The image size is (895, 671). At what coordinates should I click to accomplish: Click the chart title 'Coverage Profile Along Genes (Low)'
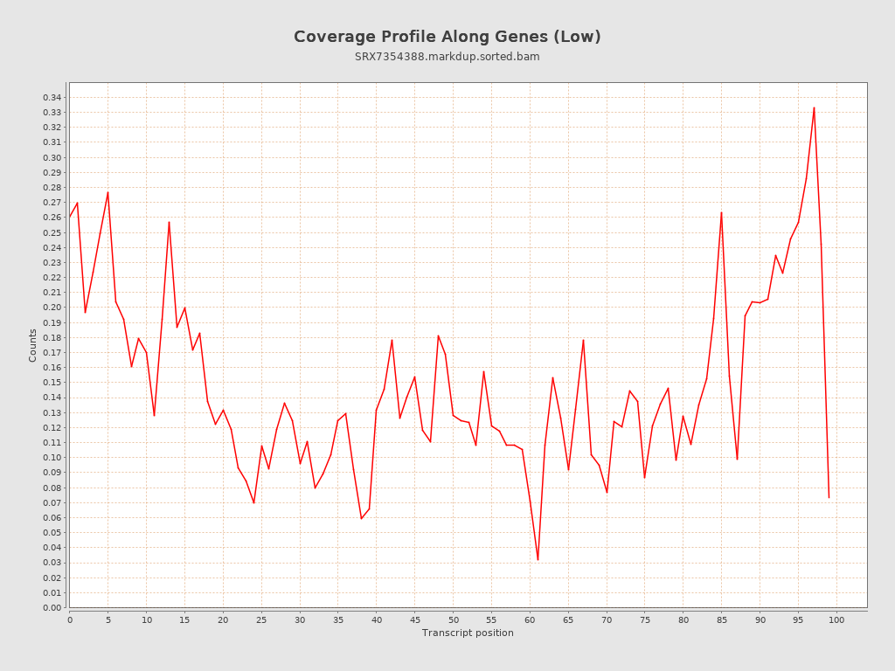[447, 37]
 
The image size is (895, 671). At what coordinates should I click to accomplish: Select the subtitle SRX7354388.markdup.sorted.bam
[447, 57]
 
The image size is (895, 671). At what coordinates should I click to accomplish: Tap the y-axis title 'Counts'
[33, 345]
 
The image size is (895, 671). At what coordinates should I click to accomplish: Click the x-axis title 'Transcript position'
[468, 633]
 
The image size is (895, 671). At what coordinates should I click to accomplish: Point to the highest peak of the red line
[814, 107]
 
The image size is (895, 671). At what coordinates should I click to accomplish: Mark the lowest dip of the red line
[538, 559]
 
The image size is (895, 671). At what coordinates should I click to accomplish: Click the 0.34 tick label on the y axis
[52, 97]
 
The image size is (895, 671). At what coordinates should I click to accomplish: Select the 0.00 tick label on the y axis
[52, 607]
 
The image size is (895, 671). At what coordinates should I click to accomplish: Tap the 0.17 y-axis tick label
[52, 352]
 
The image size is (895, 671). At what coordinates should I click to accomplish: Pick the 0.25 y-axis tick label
[52, 232]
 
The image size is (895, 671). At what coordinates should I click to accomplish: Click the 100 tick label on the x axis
[836, 619]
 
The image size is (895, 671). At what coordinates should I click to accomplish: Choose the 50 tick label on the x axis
[453, 619]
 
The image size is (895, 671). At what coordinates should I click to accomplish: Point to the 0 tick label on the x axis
[70, 619]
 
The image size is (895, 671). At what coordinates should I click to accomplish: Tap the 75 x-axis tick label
[645, 619]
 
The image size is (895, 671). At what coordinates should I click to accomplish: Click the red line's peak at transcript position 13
[169, 222]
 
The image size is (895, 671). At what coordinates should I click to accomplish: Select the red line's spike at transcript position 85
[721, 212]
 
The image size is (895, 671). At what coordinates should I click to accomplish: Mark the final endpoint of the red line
[829, 498]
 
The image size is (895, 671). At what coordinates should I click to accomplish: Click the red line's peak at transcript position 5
[108, 192]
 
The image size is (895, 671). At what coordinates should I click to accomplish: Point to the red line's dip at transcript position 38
[361, 518]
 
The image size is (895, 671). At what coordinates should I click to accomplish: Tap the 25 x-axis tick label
[261, 619]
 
